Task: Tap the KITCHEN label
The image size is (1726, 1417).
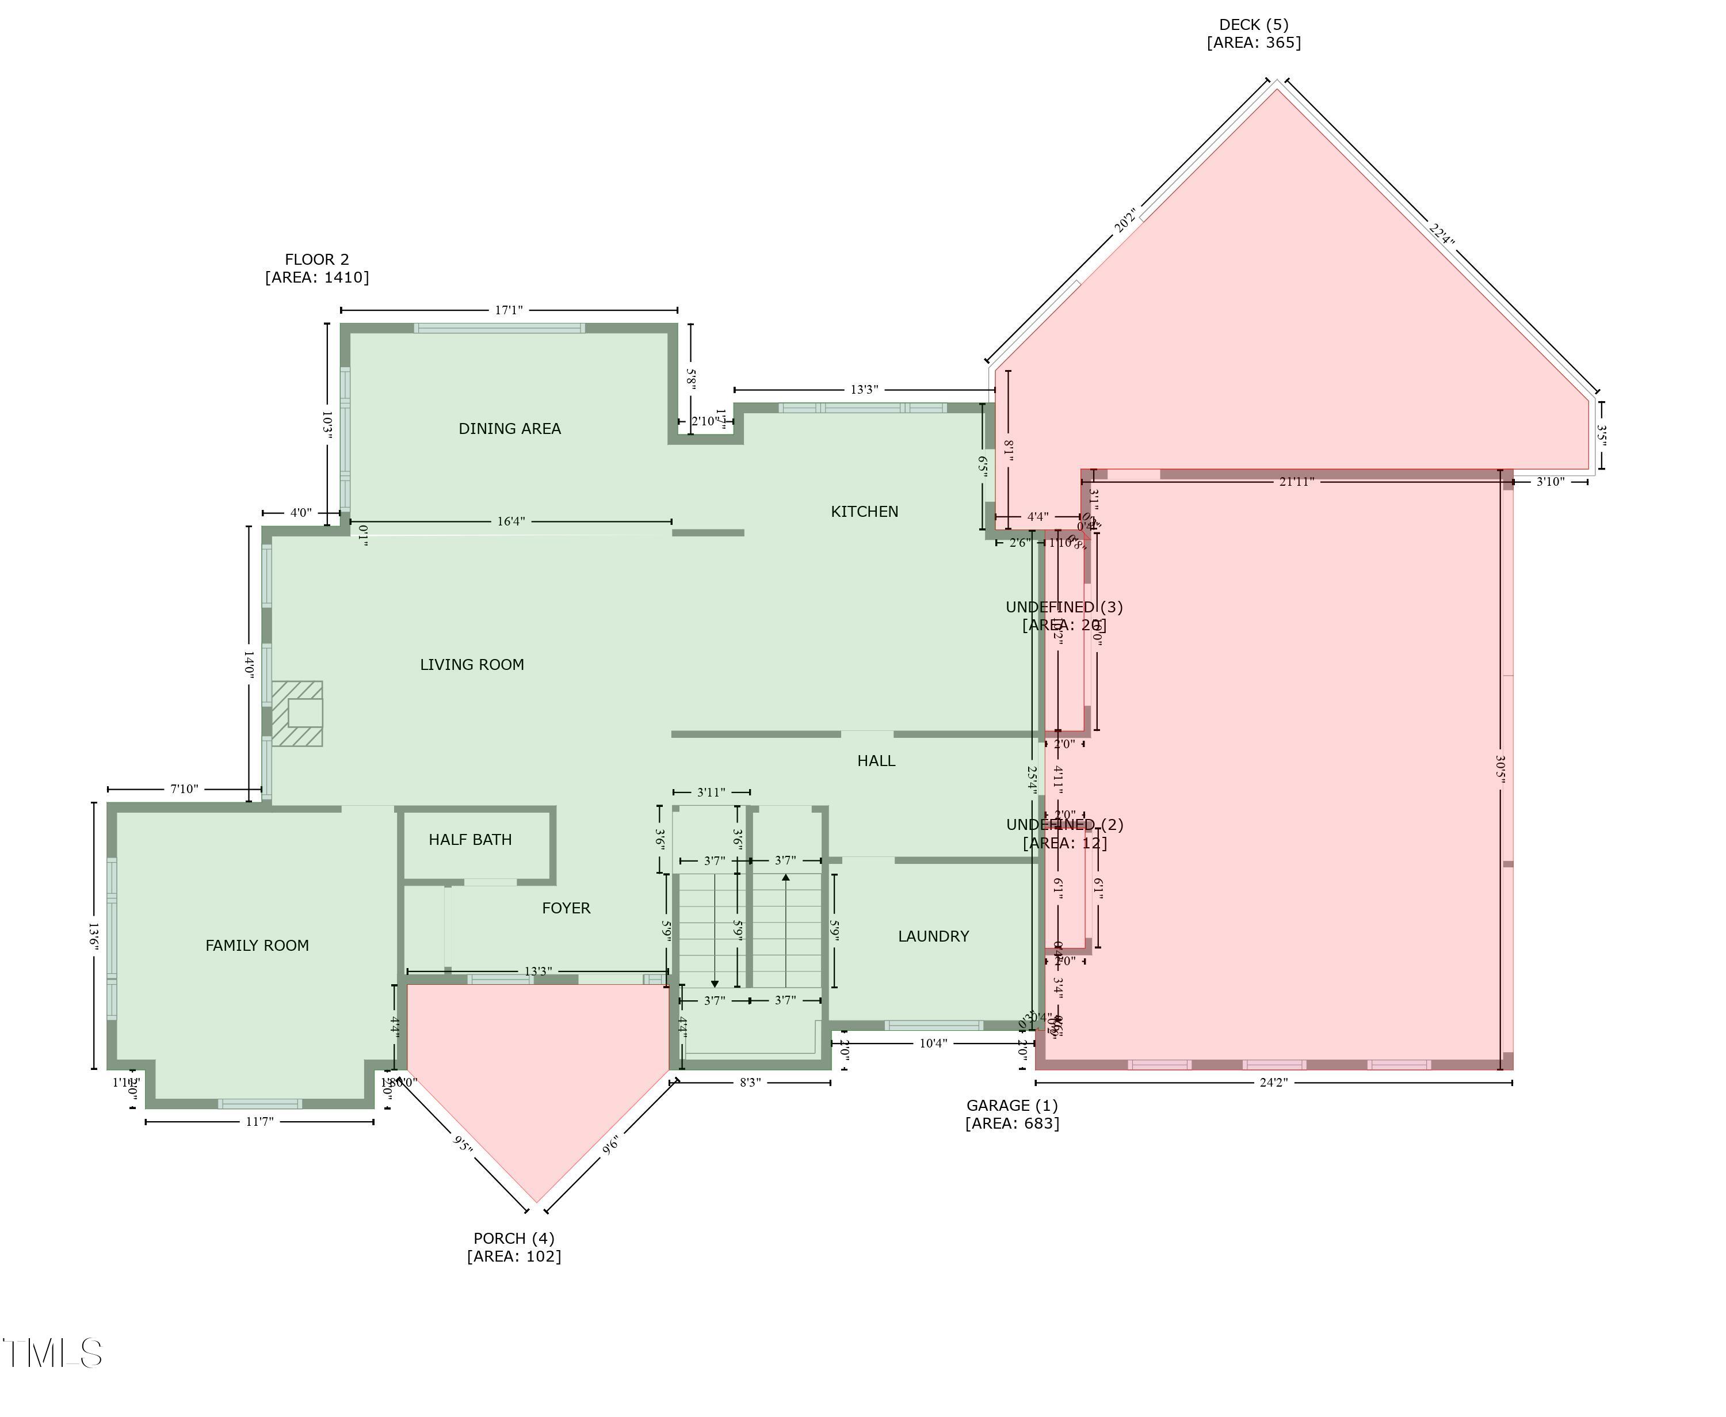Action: click(x=864, y=512)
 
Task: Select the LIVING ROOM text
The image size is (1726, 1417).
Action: click(x=472, y=664)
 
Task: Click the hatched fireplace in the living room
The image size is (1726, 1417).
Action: click(x=297, y=714)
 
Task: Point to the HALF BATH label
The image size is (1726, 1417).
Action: click(x=470, y=839)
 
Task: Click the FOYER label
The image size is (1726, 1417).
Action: click(x=566, y=908)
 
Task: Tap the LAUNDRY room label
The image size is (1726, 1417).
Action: click(x=933, y=936)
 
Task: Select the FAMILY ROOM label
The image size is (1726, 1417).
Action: click(x=257, y=945)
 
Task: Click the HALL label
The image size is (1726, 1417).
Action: click(x=876, y=761)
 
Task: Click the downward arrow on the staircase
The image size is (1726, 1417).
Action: click(x=715, y=983)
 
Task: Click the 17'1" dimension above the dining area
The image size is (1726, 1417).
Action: click(x=509, y=310)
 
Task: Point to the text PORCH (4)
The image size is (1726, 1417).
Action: click(x=513, y=1238)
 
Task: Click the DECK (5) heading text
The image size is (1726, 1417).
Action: click(x=1254, y=25)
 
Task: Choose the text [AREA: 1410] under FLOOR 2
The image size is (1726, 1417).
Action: click(x=316, y=277)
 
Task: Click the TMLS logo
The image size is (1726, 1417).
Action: click(x=53, y=1353)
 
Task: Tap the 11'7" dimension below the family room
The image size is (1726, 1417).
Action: click(x=259, y=1122)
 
